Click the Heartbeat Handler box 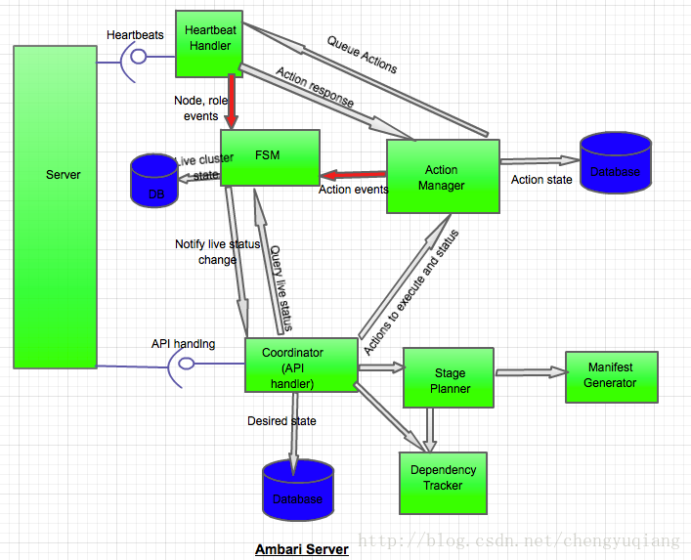click(209, 43)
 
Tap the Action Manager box click(443, 176)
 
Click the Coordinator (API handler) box click(299, 366)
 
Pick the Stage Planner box click(450, 380)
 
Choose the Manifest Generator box click(611, 375)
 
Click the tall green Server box click(55, 206)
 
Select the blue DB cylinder click(155, 180)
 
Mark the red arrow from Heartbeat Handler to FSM click(232, 102)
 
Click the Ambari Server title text click(301, 549)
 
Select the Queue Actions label click(362, 55)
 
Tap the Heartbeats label click(135, 35)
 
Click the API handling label click(183, 344)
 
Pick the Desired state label click(281, 421)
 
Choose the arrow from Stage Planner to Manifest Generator click(531, 372)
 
